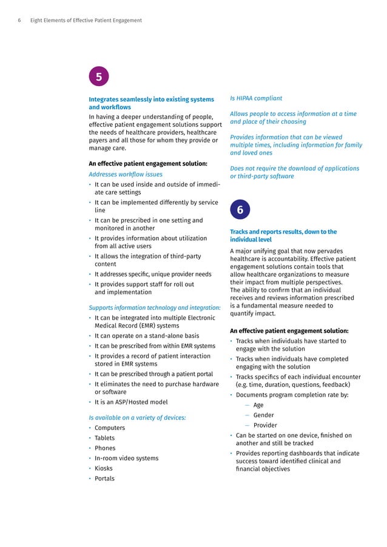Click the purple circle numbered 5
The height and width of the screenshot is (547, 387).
click(99, 77)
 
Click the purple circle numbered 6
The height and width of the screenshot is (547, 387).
click(240, 210)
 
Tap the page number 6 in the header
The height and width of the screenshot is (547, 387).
click(19, 21)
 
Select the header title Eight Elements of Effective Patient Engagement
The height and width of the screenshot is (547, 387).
click(86, 21)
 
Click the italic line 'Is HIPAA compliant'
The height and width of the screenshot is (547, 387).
click(256, 98)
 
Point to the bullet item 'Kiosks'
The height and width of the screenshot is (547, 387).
click(104, 468)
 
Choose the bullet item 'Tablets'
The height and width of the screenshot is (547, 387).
click(104, 438)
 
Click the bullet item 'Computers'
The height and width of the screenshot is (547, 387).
click(109, 428)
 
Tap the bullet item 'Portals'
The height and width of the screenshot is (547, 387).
click(104, 478)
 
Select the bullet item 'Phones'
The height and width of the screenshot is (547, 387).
click(105, 448)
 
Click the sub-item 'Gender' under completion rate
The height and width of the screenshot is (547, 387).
click(263, 415)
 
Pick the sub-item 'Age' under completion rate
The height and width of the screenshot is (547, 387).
click(258, 405)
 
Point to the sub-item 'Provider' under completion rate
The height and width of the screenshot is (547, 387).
click(266, 425)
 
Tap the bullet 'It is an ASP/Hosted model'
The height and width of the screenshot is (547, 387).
click(131, 402)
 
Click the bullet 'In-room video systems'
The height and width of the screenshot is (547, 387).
click(126, 458)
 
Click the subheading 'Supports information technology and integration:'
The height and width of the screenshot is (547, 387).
click(154, 307)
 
